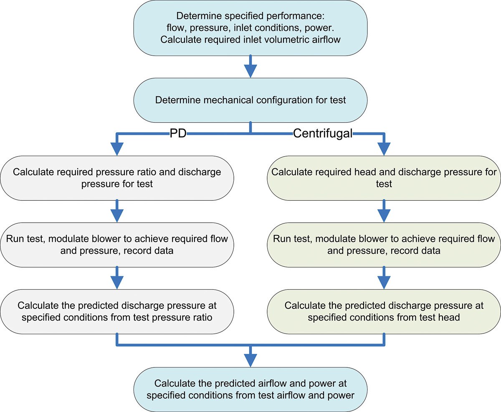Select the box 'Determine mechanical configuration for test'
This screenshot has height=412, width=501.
(250, 100)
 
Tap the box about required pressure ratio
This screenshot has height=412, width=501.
(117, 177)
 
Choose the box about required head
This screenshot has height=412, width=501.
(383, 177)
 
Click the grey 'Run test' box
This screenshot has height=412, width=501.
(117, 245)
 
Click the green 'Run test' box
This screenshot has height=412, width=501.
(383, 245)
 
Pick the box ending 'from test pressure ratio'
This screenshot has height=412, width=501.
(117, 311)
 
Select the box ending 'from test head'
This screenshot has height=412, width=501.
(383, 311)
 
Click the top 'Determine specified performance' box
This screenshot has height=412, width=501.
(250, 28)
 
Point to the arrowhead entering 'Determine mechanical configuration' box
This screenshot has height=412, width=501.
(250, 71)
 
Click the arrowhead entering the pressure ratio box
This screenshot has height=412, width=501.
(117, 149)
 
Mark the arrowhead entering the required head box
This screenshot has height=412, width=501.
(383, 149)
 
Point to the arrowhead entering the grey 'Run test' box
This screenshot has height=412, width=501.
(117, 215)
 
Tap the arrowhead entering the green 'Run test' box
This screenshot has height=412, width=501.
(383, 215)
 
